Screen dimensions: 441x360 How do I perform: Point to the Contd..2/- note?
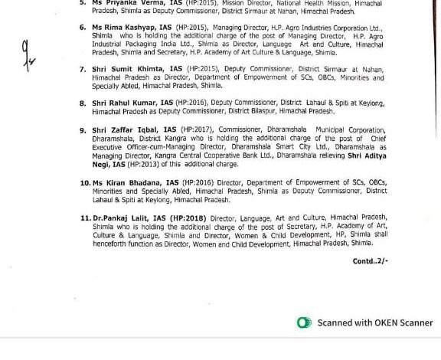click(x=371, y=261)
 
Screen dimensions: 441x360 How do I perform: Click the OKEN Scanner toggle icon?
click(x=305, y=322)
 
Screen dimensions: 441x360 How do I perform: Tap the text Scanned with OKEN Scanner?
click(x=375, y=322)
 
